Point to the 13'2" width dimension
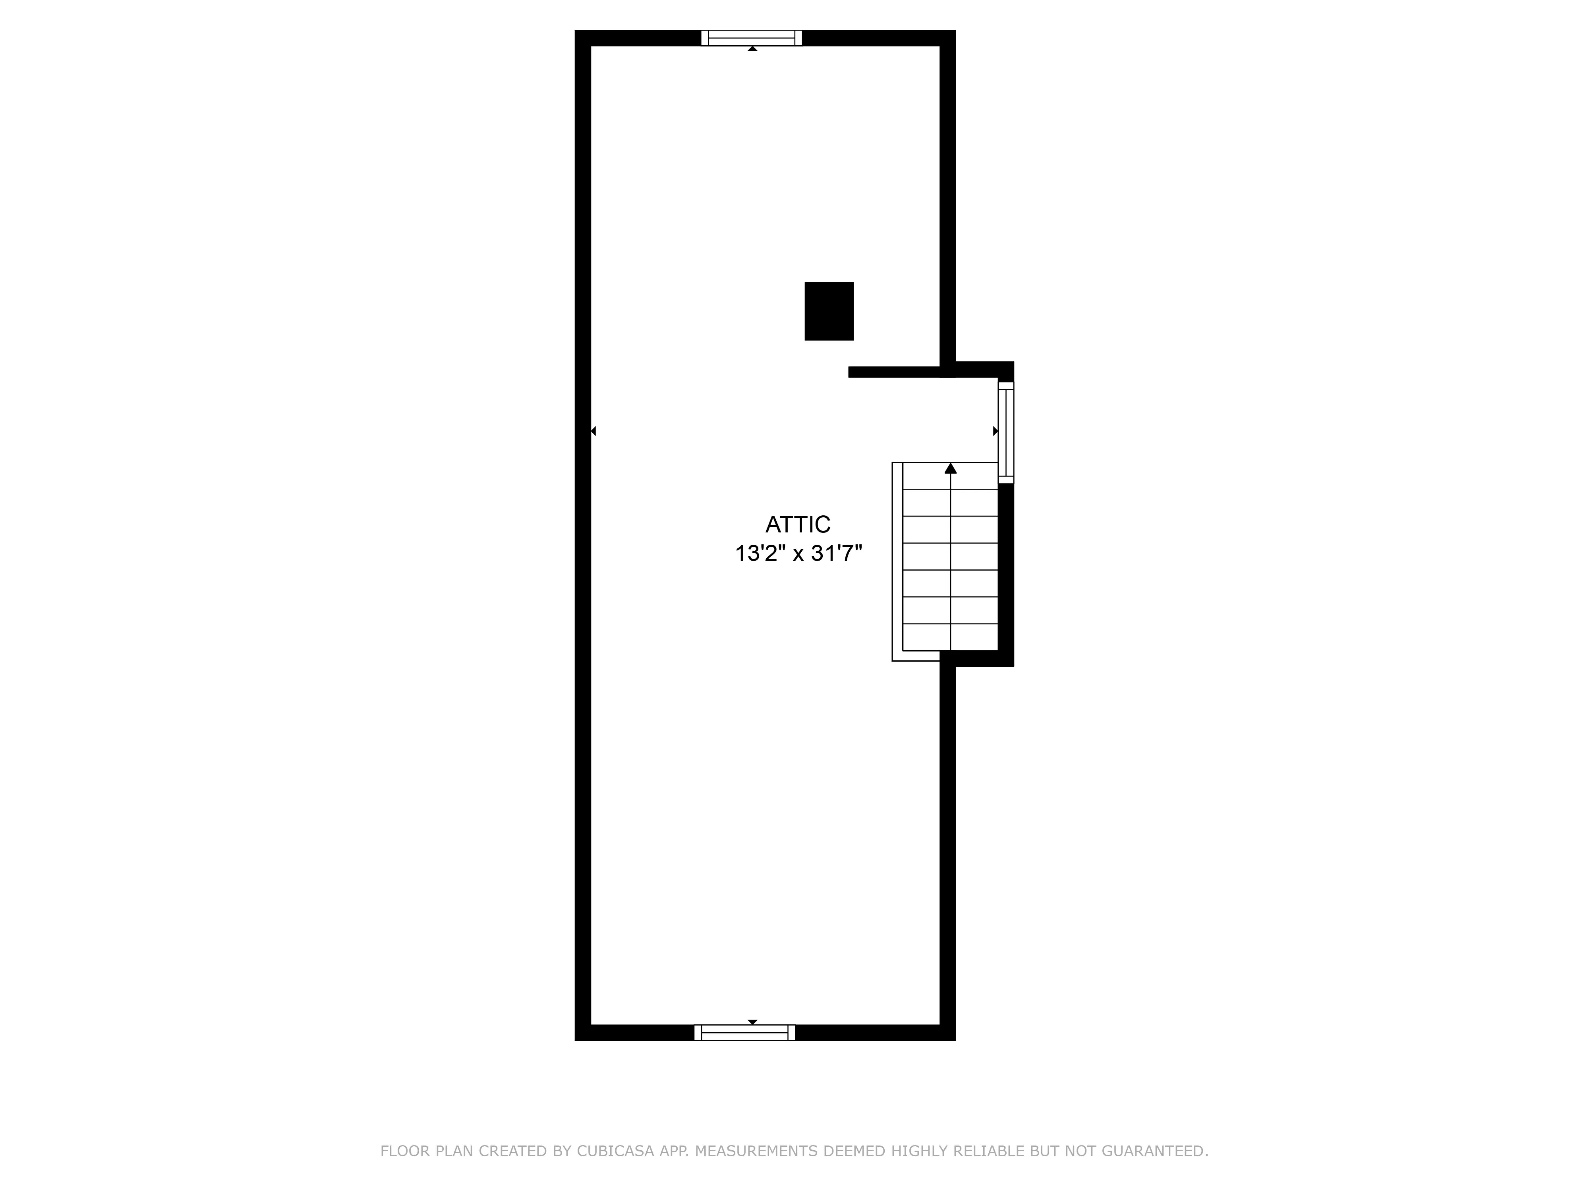click(x=756, y=554)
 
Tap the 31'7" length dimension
click(x=836, y=554)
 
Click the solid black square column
click(x=829, y=311)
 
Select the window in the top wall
click(x=752, y=38)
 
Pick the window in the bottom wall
click(x=745, y=1033)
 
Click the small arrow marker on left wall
click(x=593, y=431)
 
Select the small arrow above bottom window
click(x=752, y=1022)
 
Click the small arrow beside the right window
click(x=995, y=431)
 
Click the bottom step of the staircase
click(x=950, y=637)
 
